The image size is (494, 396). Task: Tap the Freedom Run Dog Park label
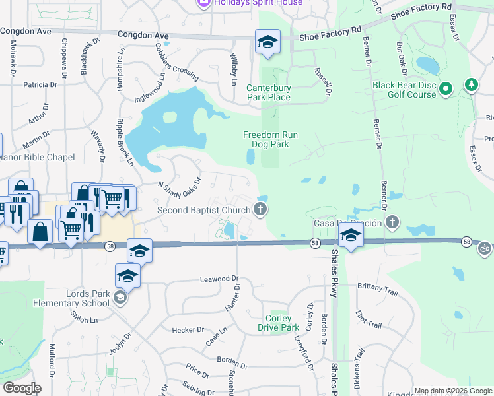(x=270, y=139)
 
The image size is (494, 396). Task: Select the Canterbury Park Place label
(x=268, y=92)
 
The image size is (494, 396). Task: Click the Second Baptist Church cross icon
(x=260, y=210)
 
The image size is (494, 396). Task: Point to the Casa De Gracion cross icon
(x=393, y=222)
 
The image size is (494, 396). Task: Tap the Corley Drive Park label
(x=278, y=323)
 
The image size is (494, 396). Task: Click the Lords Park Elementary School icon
(x=120, y=298)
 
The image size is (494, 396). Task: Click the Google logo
(x=22, y=388)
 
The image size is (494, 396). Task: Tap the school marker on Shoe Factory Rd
(x=267, y=42)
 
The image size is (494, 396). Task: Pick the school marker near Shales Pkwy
(x=350, y=236)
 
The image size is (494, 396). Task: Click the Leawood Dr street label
(x=218, y=280)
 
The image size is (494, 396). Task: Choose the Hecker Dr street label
(x=188, y=330)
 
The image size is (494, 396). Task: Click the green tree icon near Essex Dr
(x=471, y=84)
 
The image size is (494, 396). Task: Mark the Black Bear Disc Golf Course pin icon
(x=446, y=88)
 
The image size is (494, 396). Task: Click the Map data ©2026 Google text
(x=452, y=391)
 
